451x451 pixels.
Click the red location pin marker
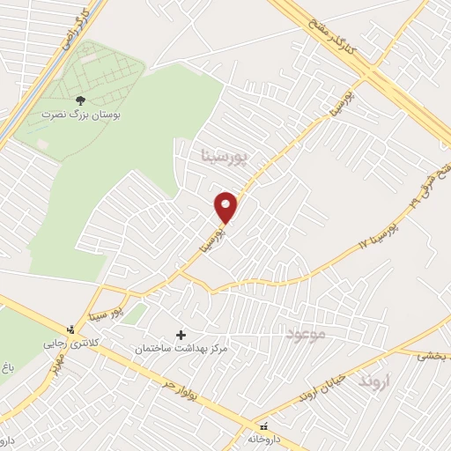click(x=226, y=207)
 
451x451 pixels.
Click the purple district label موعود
click(x=306, y=334)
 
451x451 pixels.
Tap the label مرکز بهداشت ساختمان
click(x=181, y=350)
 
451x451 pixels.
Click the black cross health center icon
click(x=182, y=335)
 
